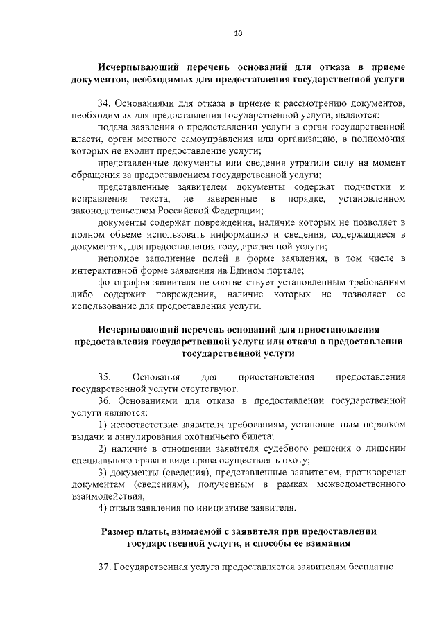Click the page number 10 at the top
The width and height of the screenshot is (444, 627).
click(x=238, y=33)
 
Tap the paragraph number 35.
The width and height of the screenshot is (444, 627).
click(x=105, y=377)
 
